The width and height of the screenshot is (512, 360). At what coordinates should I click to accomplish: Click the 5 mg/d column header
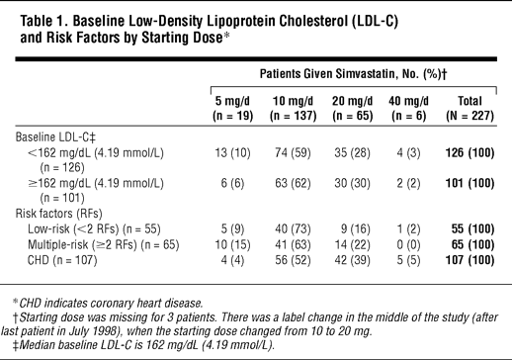tap(233, 108)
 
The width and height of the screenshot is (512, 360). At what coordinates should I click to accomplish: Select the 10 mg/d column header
tap(293, 108)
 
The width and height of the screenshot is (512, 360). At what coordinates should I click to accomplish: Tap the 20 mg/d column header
tap(353, 108)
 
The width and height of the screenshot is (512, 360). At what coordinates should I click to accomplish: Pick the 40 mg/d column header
tap(408, 108)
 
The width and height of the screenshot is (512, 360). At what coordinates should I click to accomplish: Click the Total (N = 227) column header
tap(469, 108)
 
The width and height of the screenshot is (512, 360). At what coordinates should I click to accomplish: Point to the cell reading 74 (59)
tap(293, 153)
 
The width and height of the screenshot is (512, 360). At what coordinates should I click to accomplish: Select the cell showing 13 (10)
tap(232, 153)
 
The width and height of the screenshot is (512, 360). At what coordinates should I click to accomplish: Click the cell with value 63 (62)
tap(293, 183)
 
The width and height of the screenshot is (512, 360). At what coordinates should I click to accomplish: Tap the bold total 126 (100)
tap(469, 153)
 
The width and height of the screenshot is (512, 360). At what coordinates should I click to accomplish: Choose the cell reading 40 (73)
tap(293, 228)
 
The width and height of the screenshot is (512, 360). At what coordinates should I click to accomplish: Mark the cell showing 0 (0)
tap(408, 244)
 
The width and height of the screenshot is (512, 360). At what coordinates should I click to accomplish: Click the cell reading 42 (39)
tap(353, 260)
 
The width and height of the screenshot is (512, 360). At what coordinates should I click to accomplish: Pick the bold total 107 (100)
tap(469, 260)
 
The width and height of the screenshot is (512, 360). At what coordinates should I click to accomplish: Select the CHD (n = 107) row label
tap(62, 260)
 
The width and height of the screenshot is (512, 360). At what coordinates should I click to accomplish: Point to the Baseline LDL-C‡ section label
tap(55, 137)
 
